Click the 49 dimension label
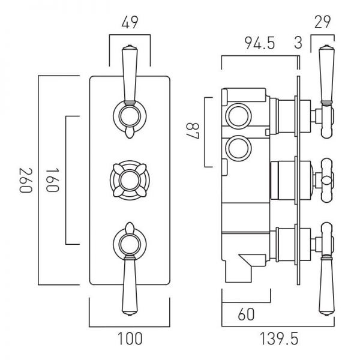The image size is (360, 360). [x=130, y=22]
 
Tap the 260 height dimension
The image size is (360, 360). [x=26, y=180]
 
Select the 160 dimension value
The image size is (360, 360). [x=52, y=180]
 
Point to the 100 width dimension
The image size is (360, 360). [x=130, y=338]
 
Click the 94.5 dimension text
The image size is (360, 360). [x=259, y=43]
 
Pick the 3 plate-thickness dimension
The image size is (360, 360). [x=298, y=43]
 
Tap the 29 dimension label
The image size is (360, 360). [x=323, y=22]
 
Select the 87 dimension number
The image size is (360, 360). [x=193, y=131]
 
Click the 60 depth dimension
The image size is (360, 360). [x=246, y=314]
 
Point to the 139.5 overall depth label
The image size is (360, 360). [x=279, y=338]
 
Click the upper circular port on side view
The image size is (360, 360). [x=238, y=116]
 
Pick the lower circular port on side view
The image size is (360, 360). [x=238, y=148]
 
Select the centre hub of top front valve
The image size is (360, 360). [x=130, y=116]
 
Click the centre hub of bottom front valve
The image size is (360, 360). [x=130, y=244]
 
